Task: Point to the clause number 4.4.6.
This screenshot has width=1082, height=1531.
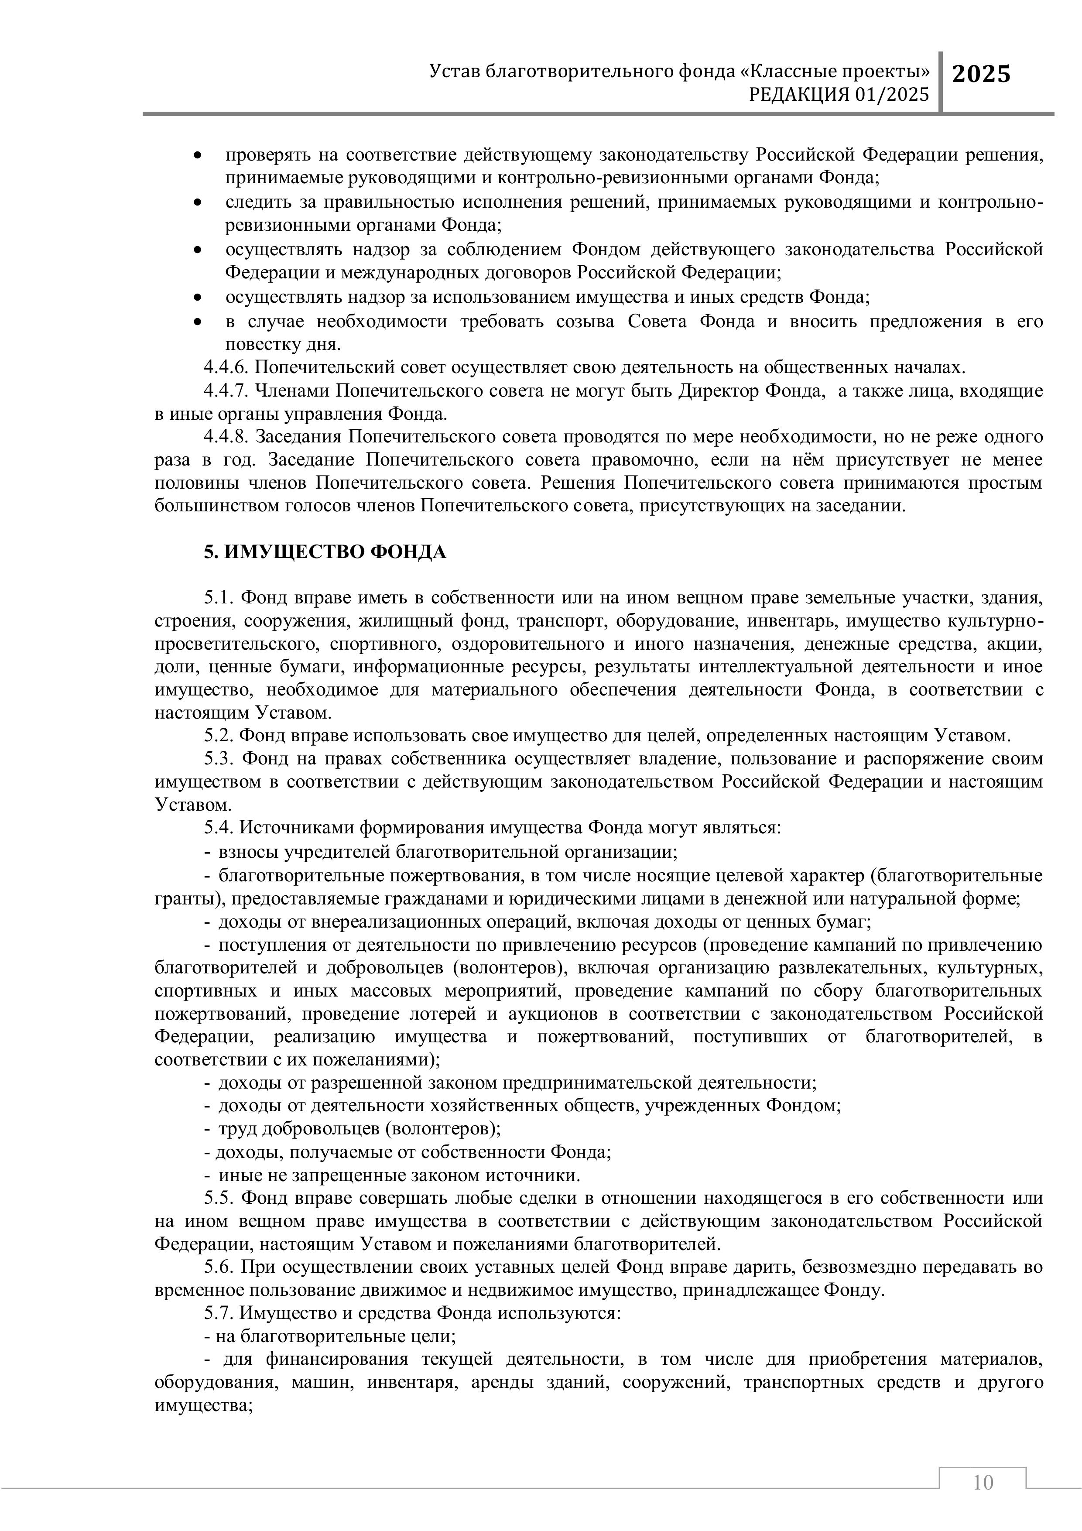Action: pos(227,367)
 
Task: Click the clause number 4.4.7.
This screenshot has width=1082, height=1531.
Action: pos(227,391)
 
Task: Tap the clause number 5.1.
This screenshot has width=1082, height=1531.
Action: pos(218,597)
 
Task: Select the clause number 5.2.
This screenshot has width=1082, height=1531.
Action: pos(218,736)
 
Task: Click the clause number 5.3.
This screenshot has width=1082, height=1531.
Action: pos(219,759)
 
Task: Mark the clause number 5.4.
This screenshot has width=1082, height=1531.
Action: pos(218,828)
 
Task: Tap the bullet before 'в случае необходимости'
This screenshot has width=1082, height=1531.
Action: pos(197,322)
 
